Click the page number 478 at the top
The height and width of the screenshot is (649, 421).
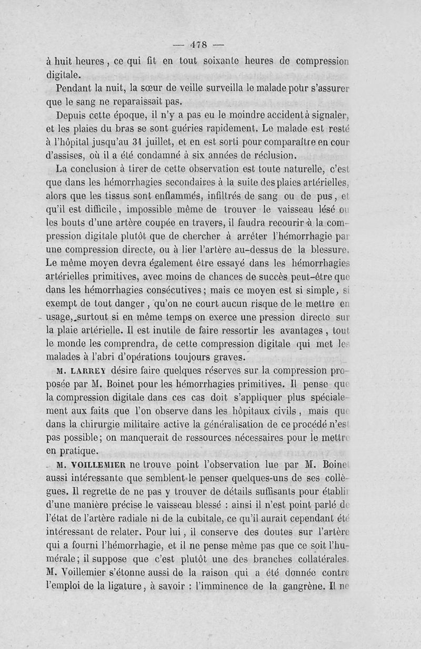tap(199, 44)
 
